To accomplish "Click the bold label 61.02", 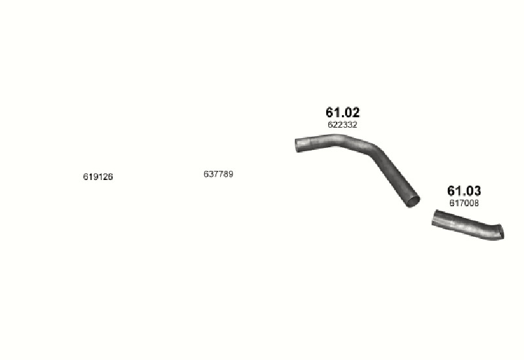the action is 343,113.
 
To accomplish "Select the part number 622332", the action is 343,124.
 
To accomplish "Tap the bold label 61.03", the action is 464,190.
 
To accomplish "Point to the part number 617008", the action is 464,203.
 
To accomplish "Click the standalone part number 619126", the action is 98,177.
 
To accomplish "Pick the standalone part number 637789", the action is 219,174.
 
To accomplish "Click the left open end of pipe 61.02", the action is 297,145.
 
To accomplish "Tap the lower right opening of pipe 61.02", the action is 413,201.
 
